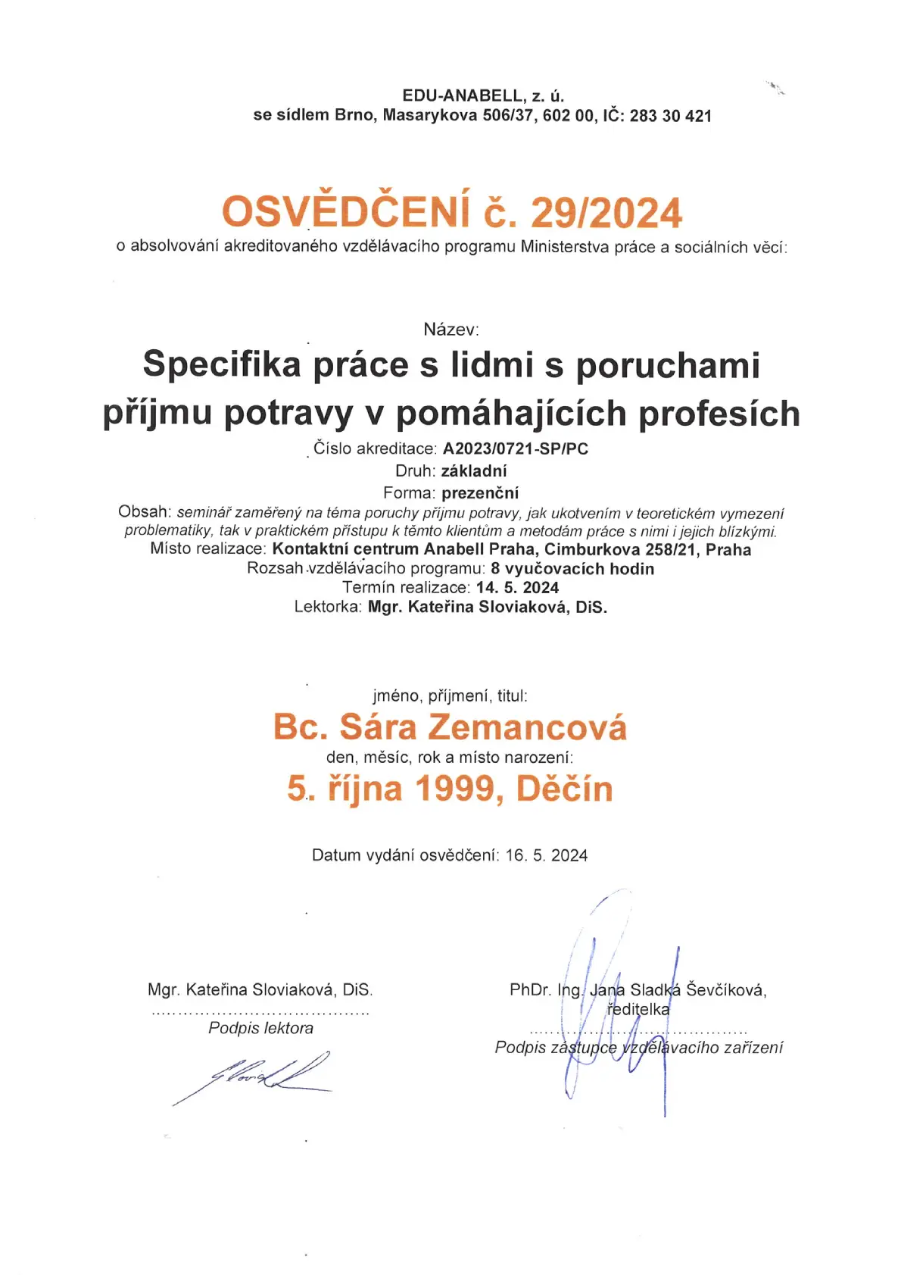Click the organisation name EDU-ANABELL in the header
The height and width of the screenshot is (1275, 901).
[x=463, y=96]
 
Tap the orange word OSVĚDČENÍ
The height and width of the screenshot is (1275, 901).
[x=345, y=211]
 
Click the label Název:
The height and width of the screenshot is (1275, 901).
[x=451, y=330]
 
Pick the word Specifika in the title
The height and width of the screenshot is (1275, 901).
[x=222, y=364]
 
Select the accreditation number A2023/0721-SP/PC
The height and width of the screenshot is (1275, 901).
[x=516, y=448]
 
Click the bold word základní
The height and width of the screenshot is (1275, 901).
[x=474, y=471]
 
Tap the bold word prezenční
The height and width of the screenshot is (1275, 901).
[x=480, y=493]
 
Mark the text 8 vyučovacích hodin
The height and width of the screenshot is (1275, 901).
[x=572, y=569]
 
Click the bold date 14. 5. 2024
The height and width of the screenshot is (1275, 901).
[x=517, y=588]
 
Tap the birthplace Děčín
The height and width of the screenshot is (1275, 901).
[x=564, y=789]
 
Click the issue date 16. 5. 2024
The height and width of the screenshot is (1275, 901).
[x=547, y=855]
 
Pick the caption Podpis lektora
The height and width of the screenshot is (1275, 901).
[x=260, y=1028]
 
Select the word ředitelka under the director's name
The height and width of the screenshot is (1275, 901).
[x=638, y=1009]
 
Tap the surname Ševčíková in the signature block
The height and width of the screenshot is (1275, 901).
[x=726, y=989]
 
